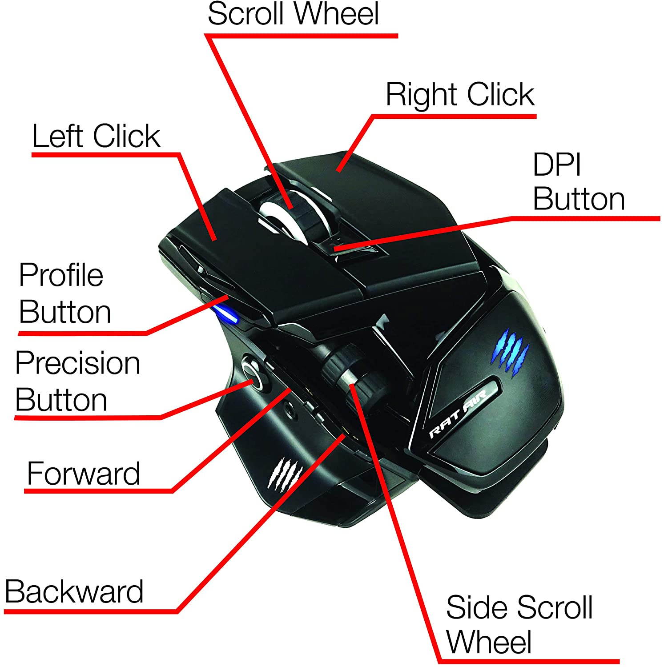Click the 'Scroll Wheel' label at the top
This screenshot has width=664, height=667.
[293, 14]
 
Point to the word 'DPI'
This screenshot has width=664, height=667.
[557, 165]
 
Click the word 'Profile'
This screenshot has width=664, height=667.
[61, 275]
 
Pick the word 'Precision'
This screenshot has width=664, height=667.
[77, 363]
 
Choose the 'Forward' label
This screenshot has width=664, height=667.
[83, 474]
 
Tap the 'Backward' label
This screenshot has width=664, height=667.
[74, 592]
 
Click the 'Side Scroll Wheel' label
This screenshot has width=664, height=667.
[519, 625]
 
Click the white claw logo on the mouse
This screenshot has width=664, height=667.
[283, 474]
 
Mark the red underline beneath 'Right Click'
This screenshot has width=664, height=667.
[454, 116]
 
